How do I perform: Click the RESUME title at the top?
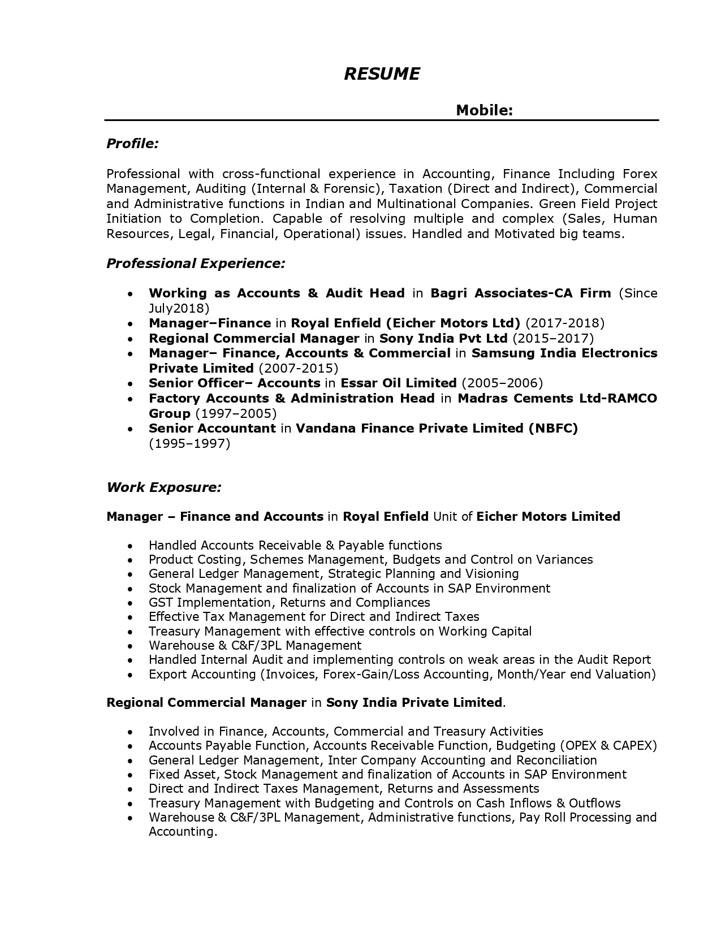click(382, 74)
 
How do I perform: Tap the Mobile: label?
click(484, 110)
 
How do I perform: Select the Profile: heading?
click(132, 144)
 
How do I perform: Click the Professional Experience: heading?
click(196, 263)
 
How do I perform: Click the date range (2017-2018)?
click(565, 323)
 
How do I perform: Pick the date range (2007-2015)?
click(298, 368)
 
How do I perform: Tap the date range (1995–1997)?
click(189, 443)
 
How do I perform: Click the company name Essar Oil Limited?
click(398, 383)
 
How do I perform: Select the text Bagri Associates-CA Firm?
click(520, 293)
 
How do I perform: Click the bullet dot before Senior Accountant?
click(131, 429)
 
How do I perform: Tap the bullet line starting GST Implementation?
click(289, 602)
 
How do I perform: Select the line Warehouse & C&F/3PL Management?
click(254, 645)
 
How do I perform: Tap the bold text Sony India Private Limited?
click(414, 702)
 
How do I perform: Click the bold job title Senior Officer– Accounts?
click(234, 383)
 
